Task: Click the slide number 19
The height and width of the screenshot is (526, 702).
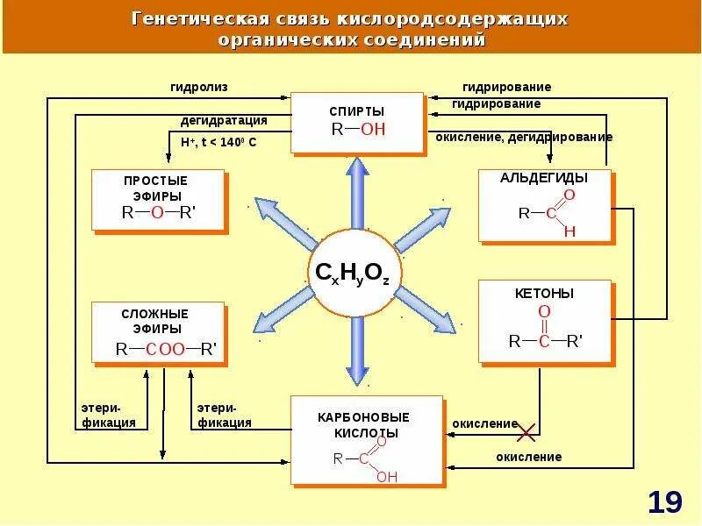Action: (x=665, y=502)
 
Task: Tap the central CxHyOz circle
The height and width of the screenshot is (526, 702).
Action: (x=357, y=273)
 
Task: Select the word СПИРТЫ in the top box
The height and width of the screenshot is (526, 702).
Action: (x=357, y=111)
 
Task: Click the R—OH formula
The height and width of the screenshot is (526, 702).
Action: (x=358, y=130)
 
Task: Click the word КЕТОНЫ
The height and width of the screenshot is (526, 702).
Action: (x=544, y=293)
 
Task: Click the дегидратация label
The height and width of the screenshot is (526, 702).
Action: (x=224, y=120)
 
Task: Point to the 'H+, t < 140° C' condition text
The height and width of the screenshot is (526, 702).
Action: (x=218, y=141)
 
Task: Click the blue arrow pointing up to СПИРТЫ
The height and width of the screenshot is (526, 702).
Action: (x=357, y=193)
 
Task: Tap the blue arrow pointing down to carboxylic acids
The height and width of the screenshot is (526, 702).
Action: (x=357, y=351)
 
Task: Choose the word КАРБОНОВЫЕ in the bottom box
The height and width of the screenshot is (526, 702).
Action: (x=363, y=416)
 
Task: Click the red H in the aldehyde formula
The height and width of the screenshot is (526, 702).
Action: (x=569, y=231)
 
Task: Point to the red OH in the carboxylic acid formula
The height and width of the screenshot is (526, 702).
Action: (x=387, y=477)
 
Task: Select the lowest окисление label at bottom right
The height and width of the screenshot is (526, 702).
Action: (x=528, y=457)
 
